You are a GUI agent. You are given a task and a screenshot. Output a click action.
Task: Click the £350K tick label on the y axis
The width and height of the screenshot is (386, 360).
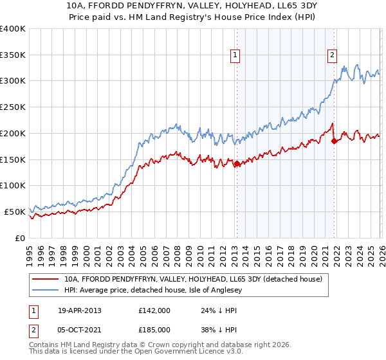coord(13,55)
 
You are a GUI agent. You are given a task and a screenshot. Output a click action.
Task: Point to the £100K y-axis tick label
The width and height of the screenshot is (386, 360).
coord(13,186)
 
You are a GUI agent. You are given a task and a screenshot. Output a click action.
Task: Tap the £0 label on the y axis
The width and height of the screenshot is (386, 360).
coord(20,238)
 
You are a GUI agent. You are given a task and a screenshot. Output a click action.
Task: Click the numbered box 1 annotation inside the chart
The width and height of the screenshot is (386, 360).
coord(235,56)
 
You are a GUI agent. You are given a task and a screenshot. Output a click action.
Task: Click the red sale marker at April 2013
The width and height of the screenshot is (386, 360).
coord(237,163)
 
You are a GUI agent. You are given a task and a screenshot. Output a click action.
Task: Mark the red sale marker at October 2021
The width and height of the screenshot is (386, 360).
coord(333,141)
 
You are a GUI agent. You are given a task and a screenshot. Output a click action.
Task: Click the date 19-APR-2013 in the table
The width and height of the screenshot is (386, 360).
coord(79,310)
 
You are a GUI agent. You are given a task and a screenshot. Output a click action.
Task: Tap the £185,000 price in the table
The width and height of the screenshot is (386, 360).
coord(154,329)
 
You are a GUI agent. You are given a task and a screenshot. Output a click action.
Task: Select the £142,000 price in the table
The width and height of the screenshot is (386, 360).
coord(154,310)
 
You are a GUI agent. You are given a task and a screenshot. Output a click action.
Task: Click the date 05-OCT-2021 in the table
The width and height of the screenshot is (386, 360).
coord(79,329)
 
